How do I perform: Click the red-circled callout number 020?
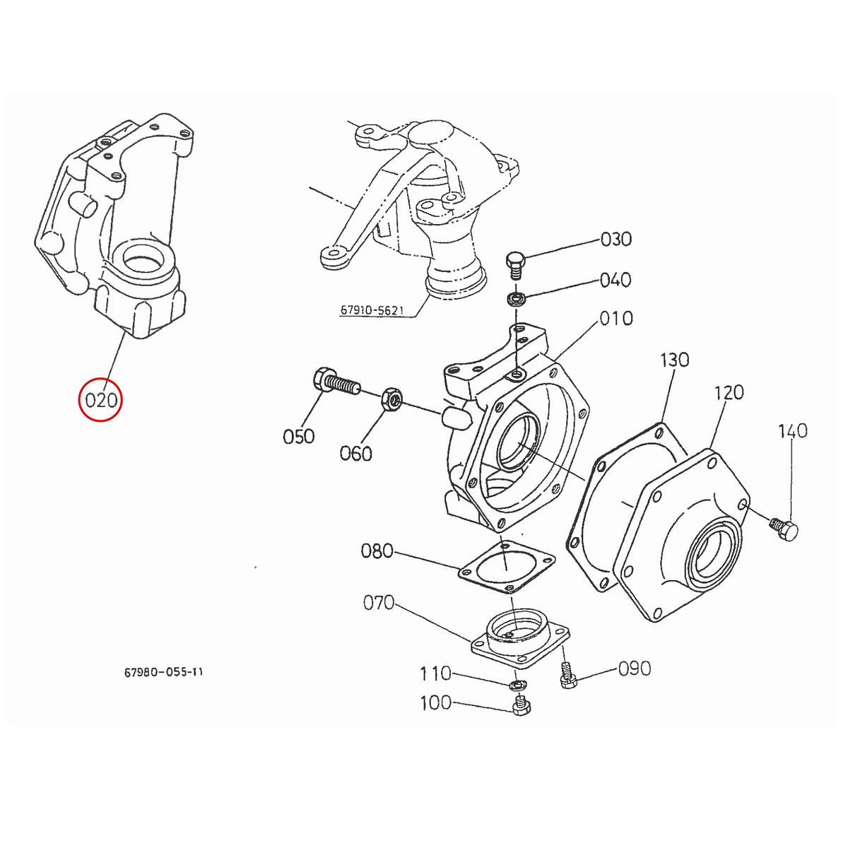100,400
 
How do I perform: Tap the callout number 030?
616,240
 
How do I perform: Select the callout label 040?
615,280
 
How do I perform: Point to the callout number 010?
616,318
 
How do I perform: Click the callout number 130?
674,360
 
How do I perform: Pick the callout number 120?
729,392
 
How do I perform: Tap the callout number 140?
792,430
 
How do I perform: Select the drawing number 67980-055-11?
163,672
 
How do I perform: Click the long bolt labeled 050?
335,383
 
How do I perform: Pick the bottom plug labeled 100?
520,706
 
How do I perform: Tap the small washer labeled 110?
518,685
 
